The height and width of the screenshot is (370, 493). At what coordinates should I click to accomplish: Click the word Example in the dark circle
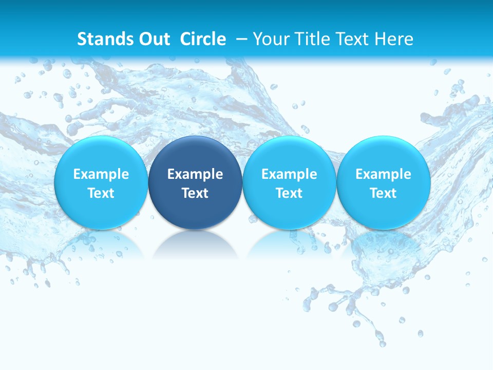(x=195, y=174)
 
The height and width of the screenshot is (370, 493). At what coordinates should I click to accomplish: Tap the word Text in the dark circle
(x=195, y=193)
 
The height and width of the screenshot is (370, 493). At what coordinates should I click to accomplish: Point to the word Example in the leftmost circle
(x=101, y=174)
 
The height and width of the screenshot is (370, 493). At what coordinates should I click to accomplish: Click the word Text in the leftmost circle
(x=101, y=193)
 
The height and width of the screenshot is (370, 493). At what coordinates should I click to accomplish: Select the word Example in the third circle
(x=289, y=174)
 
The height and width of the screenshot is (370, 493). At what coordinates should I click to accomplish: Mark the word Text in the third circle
(x=289, y=193)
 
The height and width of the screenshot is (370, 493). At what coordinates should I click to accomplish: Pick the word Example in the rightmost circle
(x=384, y=174)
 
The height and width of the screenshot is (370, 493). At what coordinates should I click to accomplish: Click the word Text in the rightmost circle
(x=384, y=193)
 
